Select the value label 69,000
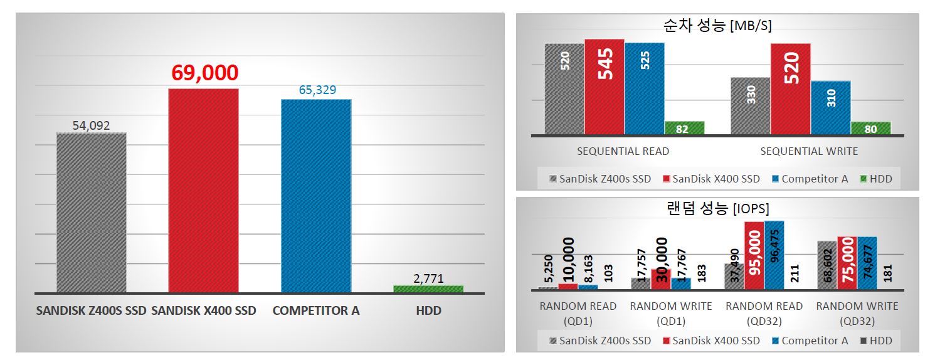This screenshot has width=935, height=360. tap(204, 73)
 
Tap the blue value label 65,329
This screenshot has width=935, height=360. tap(317, 90)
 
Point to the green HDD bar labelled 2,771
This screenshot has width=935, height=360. tap(428, 289)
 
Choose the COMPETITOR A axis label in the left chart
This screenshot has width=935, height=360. tap(316, 310)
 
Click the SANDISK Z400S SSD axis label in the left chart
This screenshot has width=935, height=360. tap(91, 310)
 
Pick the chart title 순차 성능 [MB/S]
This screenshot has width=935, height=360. tap(717, 26)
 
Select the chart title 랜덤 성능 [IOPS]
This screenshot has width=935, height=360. tap(717, 208)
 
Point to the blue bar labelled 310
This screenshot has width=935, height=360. tap(831, 107)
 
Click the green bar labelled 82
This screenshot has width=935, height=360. tap(684, 128)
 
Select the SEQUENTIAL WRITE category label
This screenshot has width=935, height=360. tap(809, 151)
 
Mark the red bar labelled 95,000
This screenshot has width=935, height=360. tap(754, 255)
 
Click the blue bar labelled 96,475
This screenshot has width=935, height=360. tap(774, 255)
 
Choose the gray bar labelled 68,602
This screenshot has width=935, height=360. tap(827, 265)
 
